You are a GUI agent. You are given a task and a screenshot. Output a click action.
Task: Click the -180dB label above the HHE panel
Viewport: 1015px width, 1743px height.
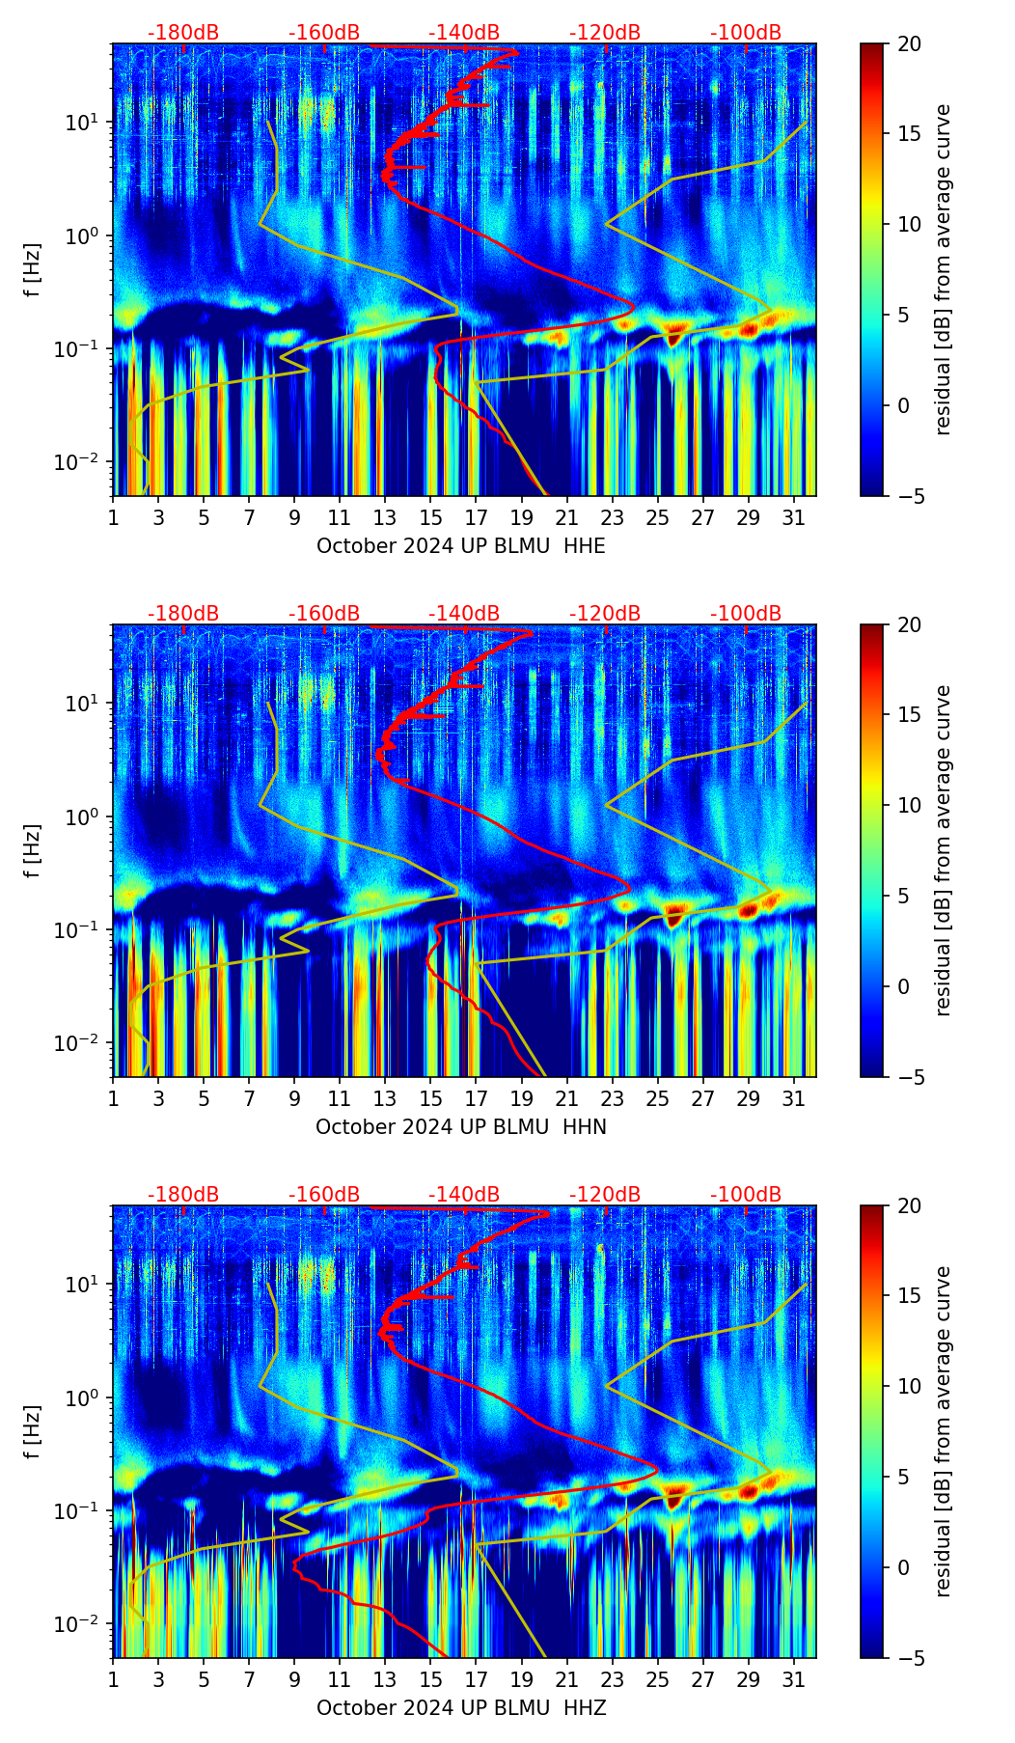(x=183, y=33)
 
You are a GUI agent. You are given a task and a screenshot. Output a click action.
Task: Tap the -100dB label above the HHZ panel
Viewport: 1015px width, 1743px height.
(x=746, y=1195)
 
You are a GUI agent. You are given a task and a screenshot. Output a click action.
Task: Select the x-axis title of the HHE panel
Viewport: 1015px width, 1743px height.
(x=461, y=546)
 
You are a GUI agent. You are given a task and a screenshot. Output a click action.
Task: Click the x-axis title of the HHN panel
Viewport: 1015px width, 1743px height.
(x=461, y=1127)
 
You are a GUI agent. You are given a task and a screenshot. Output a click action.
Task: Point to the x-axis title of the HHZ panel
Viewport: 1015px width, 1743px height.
(x=461, y=1708)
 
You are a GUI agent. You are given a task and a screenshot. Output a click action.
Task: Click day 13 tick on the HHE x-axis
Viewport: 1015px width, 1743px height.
(x=385, y=517)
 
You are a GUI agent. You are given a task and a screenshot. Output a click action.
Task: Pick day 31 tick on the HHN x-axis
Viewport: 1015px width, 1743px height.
(x=794, y=1098)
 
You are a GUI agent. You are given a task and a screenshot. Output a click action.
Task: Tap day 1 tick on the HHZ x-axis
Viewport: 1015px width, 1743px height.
(x=113, y=1679)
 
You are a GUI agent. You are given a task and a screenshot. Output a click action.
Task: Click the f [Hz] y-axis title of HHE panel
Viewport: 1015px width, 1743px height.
(x=34, y=270)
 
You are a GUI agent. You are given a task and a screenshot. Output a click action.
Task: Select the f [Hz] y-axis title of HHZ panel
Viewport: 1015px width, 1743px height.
(x=34, y=1432)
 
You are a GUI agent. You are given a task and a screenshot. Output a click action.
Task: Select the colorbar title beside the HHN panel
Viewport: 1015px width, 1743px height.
(x=943, y=850)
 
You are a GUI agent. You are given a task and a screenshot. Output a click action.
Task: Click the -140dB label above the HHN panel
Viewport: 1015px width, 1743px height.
(x=464, y=614)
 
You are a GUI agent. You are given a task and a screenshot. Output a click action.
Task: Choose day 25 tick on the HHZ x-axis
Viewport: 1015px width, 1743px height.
(x=658, y=1679)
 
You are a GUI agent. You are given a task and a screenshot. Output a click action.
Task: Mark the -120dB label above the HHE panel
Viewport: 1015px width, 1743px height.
(x=605, y=33)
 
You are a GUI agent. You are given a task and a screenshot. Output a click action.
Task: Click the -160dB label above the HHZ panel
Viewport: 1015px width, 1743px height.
(x=324, y=1195)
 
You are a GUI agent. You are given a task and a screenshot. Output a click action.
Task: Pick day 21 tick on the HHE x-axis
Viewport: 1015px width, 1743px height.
(x=567, y=517)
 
